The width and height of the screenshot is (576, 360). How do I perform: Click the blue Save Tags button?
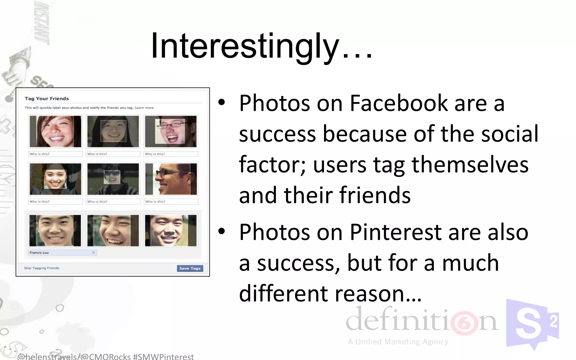point(190,268)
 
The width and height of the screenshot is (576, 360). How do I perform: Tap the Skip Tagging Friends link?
point(42,268)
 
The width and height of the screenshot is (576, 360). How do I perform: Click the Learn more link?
point(144,108)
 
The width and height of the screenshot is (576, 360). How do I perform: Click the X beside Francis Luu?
point(94,253)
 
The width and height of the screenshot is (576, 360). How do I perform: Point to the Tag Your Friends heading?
point(47,98)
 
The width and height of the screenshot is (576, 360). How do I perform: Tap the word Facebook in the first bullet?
point(399,103)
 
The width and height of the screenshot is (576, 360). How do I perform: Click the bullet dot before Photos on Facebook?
point(222,103)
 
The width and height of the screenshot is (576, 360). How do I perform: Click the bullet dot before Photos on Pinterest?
point(222,231)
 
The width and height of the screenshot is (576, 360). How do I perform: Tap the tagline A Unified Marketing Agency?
point(398,342)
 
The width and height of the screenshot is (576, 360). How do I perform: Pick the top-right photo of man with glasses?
point(171,131)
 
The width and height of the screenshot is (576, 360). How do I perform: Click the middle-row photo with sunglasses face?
point(113,179)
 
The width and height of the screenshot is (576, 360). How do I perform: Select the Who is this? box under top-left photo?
point(55,154)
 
